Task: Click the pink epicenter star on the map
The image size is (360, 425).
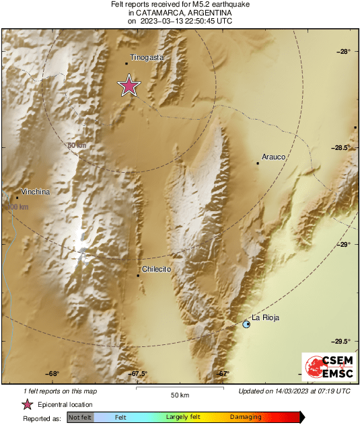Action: pyautogui.click(x=129, y=86)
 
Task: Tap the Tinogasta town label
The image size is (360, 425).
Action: pyautogui.click(x=147, y=58)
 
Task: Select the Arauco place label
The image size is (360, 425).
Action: pyautogui.click(x=274, y=157)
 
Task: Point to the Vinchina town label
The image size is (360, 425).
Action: pyautogui.click(x=36, y=192)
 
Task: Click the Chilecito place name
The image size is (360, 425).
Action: pyautogui.click(x=157, y=269)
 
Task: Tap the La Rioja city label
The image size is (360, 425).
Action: pyautogui.click(x=265, y=317)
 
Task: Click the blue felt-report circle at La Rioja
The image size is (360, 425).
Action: pyautogui.click(x=246, y=324)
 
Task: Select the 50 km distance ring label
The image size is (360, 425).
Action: pyautogui.click(x=77, y=145)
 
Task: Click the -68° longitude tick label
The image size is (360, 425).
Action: pyautogui.click(x=53, y=374)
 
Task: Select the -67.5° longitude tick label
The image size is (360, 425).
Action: pyautogui.click(x=137, y=374)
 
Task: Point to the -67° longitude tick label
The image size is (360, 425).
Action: pyautogui.click(x=224, y=374)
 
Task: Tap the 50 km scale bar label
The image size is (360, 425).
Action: pyautogui.click(x=179, y=394)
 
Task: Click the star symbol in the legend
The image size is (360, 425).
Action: pyautogui.click(x=28, y=404)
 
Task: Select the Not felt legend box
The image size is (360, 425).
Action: pyautogui.click(x=81, y=418)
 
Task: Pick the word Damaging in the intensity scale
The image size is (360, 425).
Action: pyautogui.click(x=246, y=418)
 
